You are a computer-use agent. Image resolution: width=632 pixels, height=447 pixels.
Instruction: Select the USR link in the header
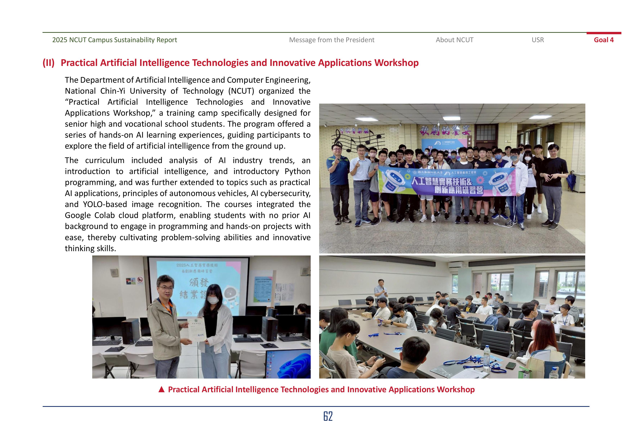click(x=538, y=40)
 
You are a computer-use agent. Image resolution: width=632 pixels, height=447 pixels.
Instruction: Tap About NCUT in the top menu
click(x=454, y=40)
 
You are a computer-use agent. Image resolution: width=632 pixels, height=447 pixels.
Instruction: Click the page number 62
click(x=328, y=416)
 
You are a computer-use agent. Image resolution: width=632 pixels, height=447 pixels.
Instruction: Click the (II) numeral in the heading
click(x=48, y=63)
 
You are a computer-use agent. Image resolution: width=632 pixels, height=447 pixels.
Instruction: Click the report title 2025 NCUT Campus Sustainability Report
click(x=115, y=40)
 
